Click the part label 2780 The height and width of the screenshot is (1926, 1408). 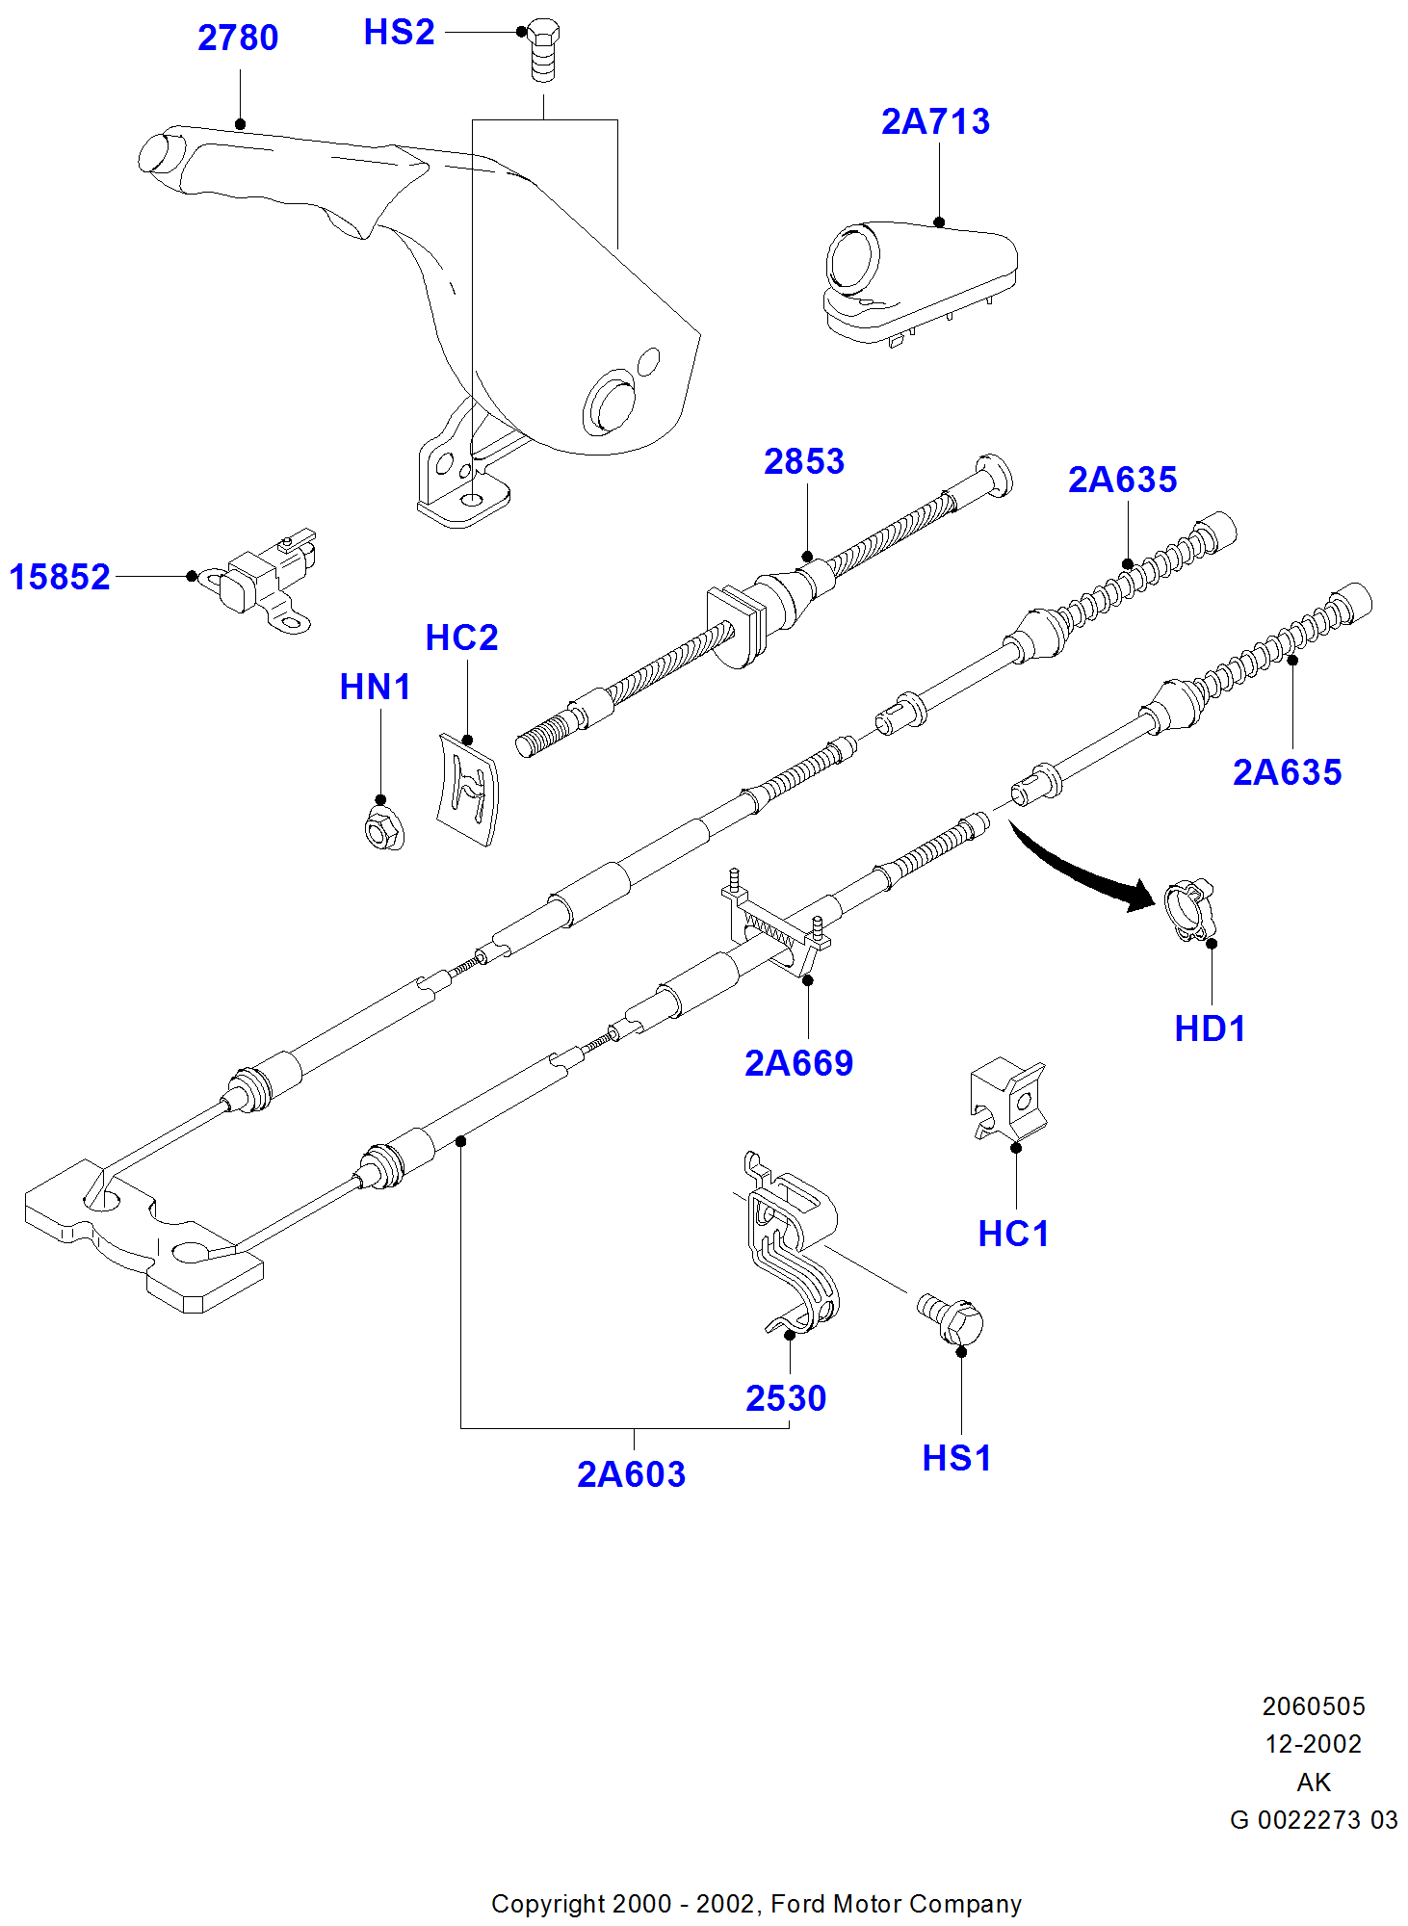[x=238, y=39]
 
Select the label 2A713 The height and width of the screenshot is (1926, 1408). [x=935, y=122]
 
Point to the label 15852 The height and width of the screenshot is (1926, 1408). [x=60, y=578]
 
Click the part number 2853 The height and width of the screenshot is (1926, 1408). [x=804, y=462]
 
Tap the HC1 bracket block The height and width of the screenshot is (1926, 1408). [x=1007, y=1100]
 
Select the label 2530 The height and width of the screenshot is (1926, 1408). [x=786, y=1398]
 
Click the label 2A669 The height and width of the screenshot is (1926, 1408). [x=798, y=1063]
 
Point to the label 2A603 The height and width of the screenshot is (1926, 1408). [x=631, y=1474]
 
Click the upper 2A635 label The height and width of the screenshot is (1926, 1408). [x=1122, y=481]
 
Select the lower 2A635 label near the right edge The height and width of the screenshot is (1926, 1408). [x=1287, y=772]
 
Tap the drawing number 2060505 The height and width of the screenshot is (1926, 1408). [x=1314, y=1706]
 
